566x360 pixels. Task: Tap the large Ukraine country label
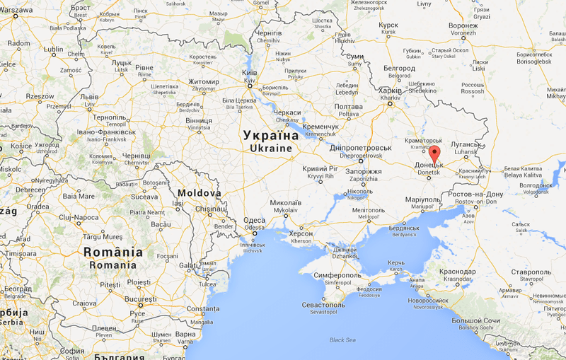[x=271, y=141]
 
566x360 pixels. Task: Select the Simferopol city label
[x=333, y=274]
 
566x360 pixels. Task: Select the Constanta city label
[x=203, y=309]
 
